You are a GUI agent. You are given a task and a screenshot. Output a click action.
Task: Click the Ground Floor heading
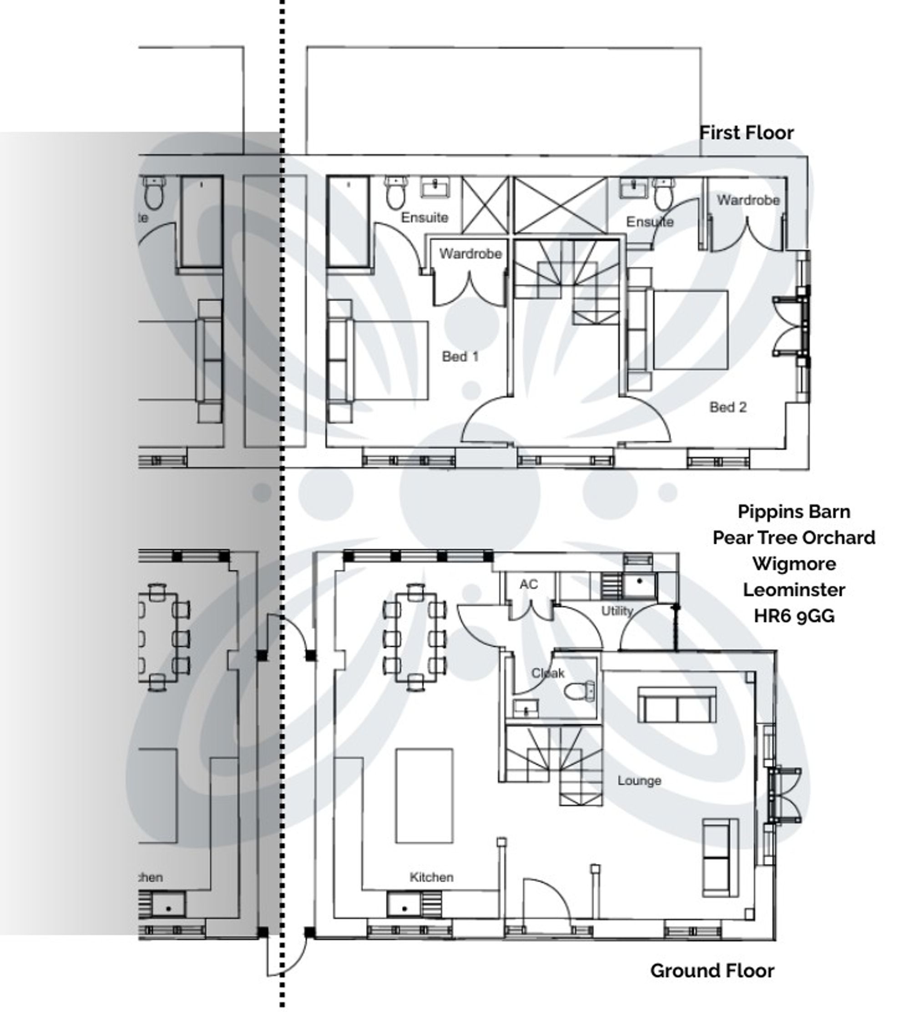click(x=712, y=971)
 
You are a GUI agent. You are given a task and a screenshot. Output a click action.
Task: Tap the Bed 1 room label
click(x=460, y=356)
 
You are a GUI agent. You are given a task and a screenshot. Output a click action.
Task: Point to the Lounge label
click(x=638, y=780)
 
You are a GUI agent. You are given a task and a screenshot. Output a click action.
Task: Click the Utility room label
click(x=617, y=611)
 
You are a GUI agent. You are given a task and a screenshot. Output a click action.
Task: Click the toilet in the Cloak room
click(x=580, y=692)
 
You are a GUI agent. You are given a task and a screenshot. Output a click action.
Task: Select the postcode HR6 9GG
click(x=794, y=616)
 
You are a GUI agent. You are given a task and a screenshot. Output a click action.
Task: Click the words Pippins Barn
click(x=794, y=511)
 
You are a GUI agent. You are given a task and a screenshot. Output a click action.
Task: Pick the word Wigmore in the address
click(x=794, y=563)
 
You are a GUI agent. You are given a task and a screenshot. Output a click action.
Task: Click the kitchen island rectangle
click(x=424, y=795)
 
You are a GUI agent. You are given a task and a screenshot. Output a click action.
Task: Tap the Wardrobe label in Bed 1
click(x=470, y=253)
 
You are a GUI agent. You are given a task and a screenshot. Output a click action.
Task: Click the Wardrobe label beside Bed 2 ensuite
click(x=748, y=200)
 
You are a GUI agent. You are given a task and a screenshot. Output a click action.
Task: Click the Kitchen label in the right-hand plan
click(x=431, y=877)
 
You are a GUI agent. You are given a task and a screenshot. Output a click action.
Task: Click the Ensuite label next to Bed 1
click(x=424, y=218)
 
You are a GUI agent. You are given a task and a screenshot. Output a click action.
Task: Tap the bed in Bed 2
click(x=690, y=330)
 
